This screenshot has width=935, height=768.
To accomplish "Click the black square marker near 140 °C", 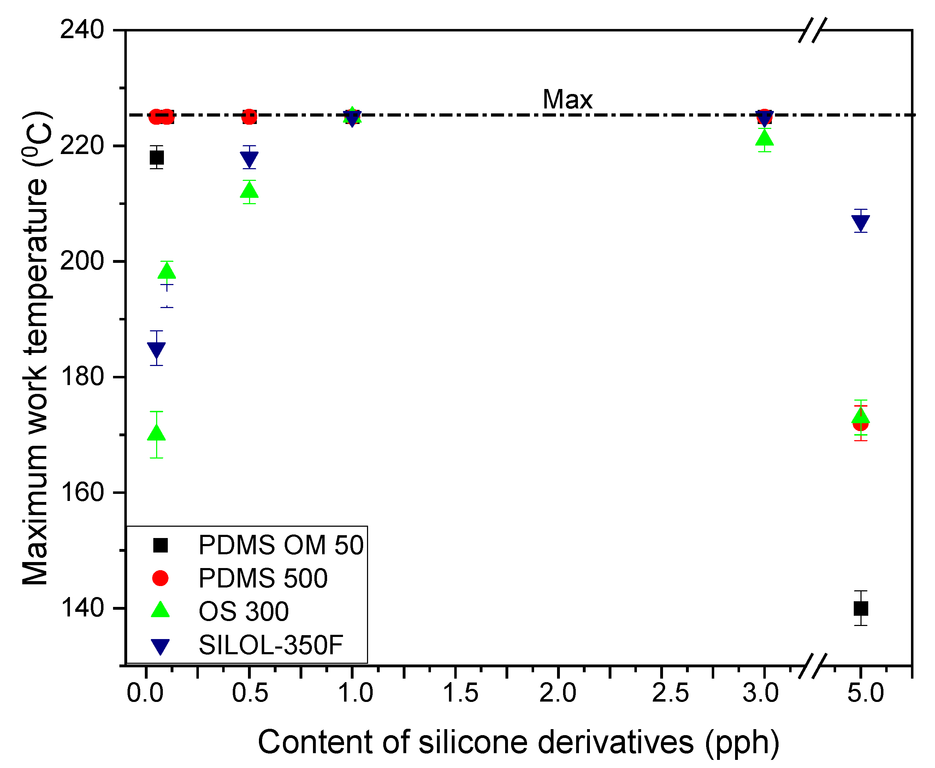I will pyautogui.click(x=861, y=608).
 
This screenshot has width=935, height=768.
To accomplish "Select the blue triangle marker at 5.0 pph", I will pyautogui.click(x=861, y=223).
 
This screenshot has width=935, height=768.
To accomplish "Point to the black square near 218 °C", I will pyautogui.click(x=156, y=158).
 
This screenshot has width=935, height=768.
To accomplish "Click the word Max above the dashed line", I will pyautogui.click(x=567, y=100).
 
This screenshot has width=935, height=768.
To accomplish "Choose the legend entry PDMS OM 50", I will pyautogui.click(x=280, y=545).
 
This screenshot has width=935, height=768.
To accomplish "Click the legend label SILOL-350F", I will pyautogui.click(x=271, y=645).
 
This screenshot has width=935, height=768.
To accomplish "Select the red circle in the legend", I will pyautogui.click(x=160, y=578).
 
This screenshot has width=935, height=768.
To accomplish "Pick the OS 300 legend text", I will pyautogui.click(x=244, y=612).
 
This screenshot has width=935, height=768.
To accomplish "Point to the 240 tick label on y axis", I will pyautogui.click(x=82, y=30).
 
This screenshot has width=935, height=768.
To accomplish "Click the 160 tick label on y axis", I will pyautogui.click(x=82, y=492).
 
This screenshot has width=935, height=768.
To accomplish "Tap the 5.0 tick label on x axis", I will pyautogui.click(x=865, y=693).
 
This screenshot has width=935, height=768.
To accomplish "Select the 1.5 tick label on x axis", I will pyautogui.click(x=460, y=693).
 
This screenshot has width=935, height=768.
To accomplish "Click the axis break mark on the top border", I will pyautogui.click(x=812, y=30).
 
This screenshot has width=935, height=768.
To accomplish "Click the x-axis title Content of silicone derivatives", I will pyautogui.click(x=475, y=742).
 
